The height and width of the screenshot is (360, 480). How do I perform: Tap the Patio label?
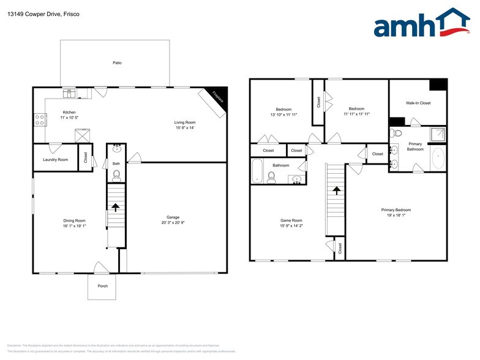tap(116, 62)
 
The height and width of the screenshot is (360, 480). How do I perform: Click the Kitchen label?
tap(69, 112)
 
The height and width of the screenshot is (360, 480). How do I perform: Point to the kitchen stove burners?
tap(40, 119)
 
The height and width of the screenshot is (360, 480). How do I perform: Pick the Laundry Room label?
tap(55, 160)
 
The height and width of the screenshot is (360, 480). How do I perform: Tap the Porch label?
tap(102, 286)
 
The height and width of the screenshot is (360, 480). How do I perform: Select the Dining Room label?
tap(75, 220)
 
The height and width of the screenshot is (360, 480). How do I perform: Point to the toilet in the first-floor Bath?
tap(116, 176)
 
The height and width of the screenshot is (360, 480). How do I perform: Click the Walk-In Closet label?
tap(418, 103)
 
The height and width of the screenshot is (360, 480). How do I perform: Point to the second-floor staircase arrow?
tap(336, 190)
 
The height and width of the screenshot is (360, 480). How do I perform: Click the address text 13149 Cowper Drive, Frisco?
tap(36, 13)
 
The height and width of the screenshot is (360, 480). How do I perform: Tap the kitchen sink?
tap(70, 94)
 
